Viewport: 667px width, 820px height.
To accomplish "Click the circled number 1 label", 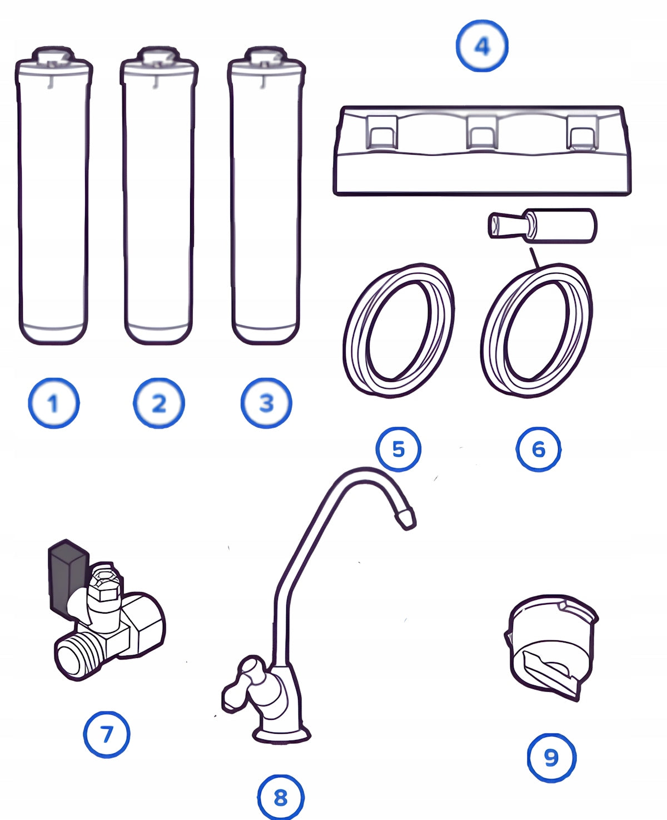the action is point(54,403).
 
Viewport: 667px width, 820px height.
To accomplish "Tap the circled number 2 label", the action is point(159,403).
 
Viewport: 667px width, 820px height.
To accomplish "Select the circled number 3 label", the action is point(266,403).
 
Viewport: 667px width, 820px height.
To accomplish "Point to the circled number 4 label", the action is point(482,46).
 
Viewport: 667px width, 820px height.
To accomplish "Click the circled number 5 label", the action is point(398,449).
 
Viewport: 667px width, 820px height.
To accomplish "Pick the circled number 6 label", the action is point(538,449).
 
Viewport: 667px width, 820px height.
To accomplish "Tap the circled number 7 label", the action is point(107,734).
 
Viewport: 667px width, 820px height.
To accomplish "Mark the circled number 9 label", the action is point(551,757).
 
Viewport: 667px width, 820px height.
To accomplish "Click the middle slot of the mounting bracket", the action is point(480,132).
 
